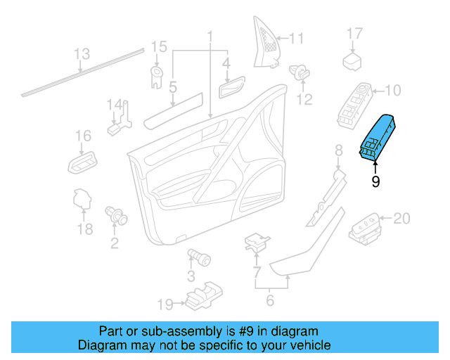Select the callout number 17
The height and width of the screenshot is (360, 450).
pos(354,33)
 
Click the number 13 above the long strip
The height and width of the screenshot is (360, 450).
pos(82,53)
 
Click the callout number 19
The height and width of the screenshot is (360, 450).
pos(165,304)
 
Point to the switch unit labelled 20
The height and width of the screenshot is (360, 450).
pos(366,226)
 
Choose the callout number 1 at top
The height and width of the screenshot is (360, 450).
pos(209,34)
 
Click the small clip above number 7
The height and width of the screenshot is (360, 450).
pos(257,243)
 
